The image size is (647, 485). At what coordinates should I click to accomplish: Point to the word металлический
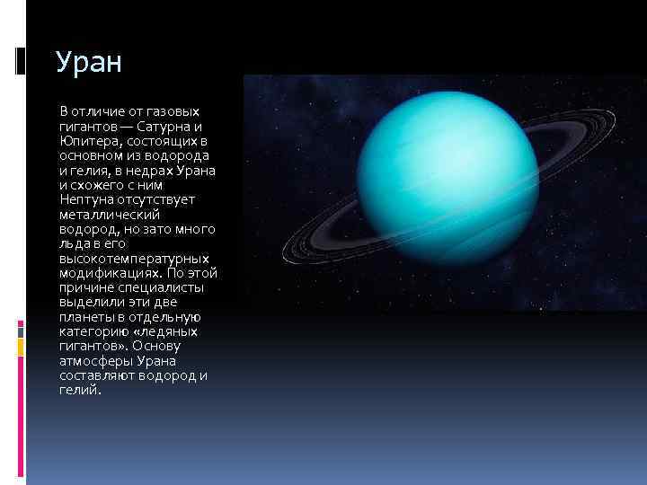[111, 215]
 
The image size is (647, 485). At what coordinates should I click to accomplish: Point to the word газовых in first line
[173, 112]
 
